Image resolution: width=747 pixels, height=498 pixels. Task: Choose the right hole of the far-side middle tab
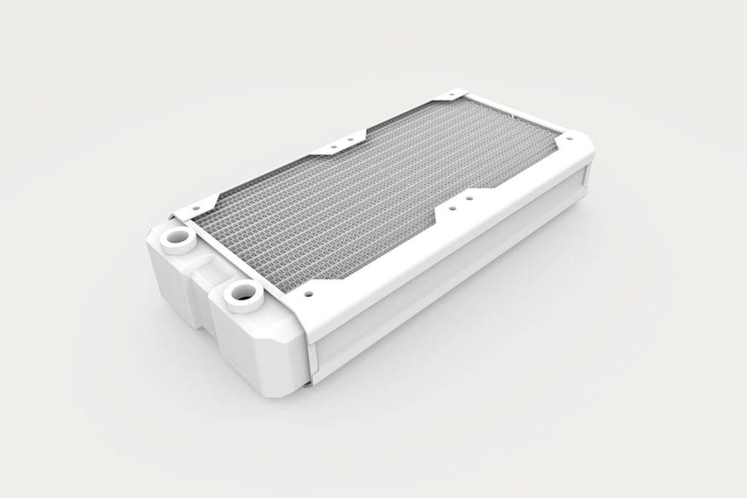click(x=350, y=139)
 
